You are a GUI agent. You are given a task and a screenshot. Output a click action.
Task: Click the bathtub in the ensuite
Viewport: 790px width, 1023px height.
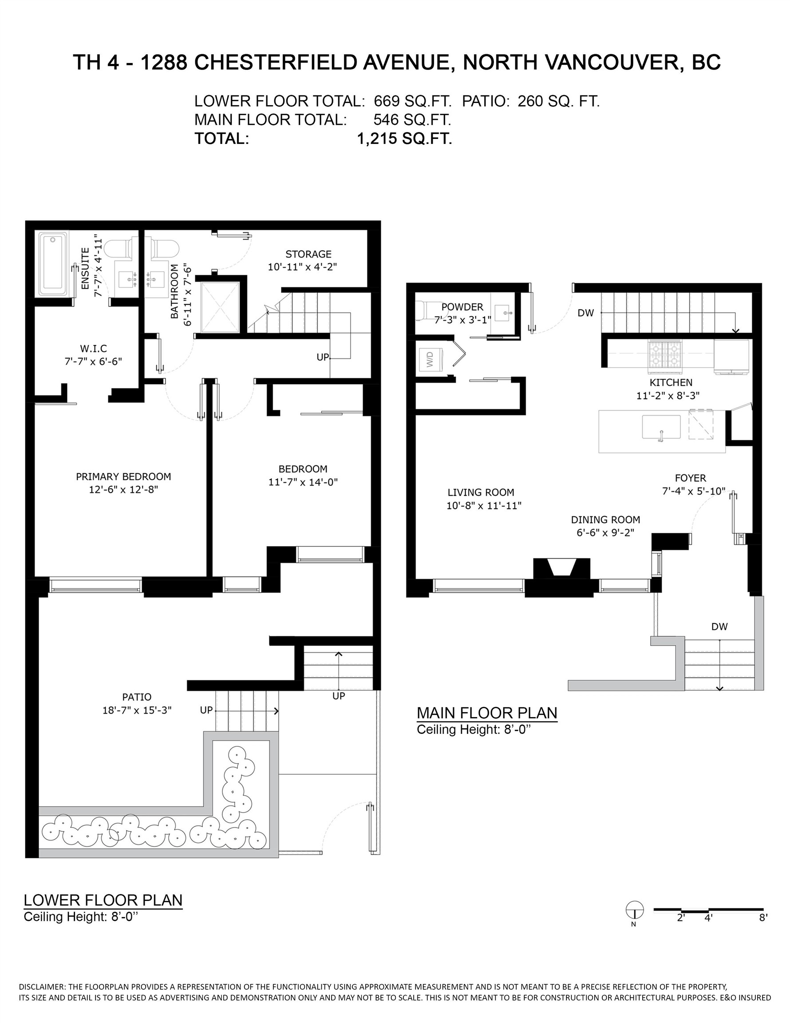coord(52,263)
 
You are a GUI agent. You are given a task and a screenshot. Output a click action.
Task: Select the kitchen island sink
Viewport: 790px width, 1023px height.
coord(661,427)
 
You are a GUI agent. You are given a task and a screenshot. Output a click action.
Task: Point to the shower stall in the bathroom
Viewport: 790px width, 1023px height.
coord(220,307)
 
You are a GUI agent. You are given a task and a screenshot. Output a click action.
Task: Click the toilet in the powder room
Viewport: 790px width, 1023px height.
coord(423,310)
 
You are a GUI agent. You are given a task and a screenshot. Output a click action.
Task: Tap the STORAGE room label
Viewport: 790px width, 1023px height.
coord(308,254)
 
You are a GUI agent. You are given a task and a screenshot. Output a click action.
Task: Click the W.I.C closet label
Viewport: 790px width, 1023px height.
coord(93,349)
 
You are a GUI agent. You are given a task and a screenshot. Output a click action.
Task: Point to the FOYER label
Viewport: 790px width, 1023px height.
coord(690,478)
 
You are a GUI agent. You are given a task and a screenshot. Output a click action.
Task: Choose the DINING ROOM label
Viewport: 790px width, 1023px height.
coord(605,519)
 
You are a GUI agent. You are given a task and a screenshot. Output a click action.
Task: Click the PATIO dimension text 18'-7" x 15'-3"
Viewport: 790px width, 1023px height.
coord(137,710)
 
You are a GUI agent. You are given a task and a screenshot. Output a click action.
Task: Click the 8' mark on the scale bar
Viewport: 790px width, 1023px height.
coord(763,918)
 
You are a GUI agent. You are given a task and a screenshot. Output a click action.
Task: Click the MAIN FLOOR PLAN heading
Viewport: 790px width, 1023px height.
coord(486,713)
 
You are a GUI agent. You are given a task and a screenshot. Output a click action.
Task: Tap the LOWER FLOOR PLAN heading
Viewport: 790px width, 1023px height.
coord(103,900)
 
